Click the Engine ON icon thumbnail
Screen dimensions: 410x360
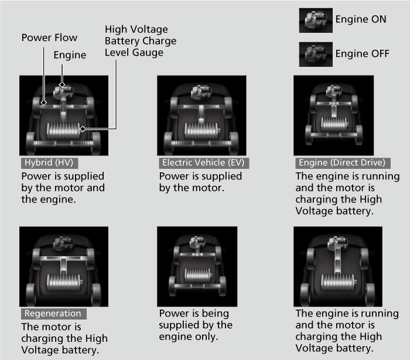click(316, 21)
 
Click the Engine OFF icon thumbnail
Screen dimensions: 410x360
click(316, 55)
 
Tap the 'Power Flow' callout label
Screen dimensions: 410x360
click(49, 38)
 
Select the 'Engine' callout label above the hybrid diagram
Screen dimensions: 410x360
click(70, 55)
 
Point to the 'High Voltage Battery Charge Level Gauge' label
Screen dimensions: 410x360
click(141, 41)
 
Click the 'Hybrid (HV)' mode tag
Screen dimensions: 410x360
click(49, 163)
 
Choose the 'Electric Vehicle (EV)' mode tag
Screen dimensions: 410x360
click(204, 163)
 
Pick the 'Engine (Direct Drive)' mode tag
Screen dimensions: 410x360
click(343, 163)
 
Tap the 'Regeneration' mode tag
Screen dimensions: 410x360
click(54, 314)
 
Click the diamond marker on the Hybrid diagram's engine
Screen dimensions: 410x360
click(62, 84)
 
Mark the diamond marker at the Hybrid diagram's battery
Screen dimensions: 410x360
click(83, 129)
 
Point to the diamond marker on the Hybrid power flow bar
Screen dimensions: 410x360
click(44, 103)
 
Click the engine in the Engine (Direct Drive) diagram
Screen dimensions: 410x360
click(334, 91)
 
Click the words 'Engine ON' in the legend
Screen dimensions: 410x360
click(361, 19)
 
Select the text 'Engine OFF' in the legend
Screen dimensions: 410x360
click(363, 54)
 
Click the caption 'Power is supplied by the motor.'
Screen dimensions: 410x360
click(200, 182)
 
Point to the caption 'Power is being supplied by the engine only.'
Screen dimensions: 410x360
click(196, 325)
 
